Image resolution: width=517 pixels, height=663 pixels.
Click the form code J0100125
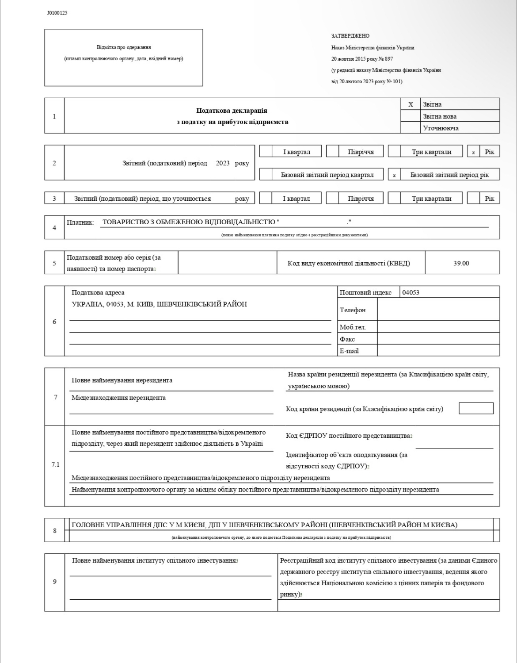[x=57, y=13]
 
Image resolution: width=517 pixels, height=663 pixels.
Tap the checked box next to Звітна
[x=411, y=104]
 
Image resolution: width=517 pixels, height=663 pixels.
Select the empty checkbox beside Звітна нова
[x=411, y=116]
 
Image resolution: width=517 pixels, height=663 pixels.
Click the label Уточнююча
[x=441, y=128]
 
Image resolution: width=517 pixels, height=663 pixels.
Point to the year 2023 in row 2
[x=223, y=163]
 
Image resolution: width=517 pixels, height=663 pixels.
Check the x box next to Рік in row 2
[x=473, y=152]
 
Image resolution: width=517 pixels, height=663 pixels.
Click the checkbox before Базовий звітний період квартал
[x=266, y=175]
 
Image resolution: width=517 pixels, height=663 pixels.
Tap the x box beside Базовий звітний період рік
[x=394, y=175]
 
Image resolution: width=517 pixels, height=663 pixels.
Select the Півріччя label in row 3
[x=361, y=199]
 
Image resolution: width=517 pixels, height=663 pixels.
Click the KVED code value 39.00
[x=461, y=263]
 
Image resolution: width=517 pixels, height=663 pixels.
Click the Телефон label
[x=353, y=310]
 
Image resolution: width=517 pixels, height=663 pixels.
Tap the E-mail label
[x=349, y=351]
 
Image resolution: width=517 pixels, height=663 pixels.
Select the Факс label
[x=347, y=339]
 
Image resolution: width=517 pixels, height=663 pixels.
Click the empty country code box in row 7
[x=476, y=408]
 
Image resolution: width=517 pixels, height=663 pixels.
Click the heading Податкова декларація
[x=232, y=111]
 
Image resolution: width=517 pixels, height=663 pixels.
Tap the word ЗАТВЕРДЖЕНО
[x=350, y=36]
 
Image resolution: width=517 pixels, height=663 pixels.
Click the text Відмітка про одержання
[x=124, y=47]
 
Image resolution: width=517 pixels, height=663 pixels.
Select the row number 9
[x=55, y=581]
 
